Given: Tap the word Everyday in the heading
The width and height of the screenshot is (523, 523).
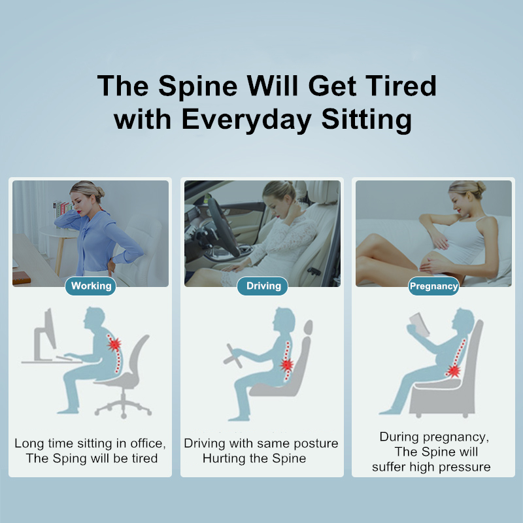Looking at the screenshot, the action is pos(246,120).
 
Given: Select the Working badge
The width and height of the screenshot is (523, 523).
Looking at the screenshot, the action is pos(90,286).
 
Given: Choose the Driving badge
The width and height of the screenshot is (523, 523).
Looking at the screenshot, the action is pos(263,286).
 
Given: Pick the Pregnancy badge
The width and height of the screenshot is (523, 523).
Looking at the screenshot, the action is pos(433,286).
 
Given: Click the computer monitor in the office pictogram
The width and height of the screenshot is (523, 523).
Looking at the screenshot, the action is pos(46,333).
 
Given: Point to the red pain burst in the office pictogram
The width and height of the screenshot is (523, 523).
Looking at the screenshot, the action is pos(114,344).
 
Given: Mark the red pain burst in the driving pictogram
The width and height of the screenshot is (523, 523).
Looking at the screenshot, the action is pos(286,365).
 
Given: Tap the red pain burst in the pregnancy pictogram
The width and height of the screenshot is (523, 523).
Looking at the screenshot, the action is pos(453,371).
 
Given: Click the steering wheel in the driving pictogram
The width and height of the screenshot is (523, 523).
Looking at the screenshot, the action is pos(233,356).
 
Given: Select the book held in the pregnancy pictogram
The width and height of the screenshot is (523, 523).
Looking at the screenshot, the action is pos(420,324).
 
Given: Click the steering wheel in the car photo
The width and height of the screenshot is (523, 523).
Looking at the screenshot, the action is pos(221,226).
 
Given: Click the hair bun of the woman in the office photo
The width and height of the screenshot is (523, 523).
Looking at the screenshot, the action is pos(99,192).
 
